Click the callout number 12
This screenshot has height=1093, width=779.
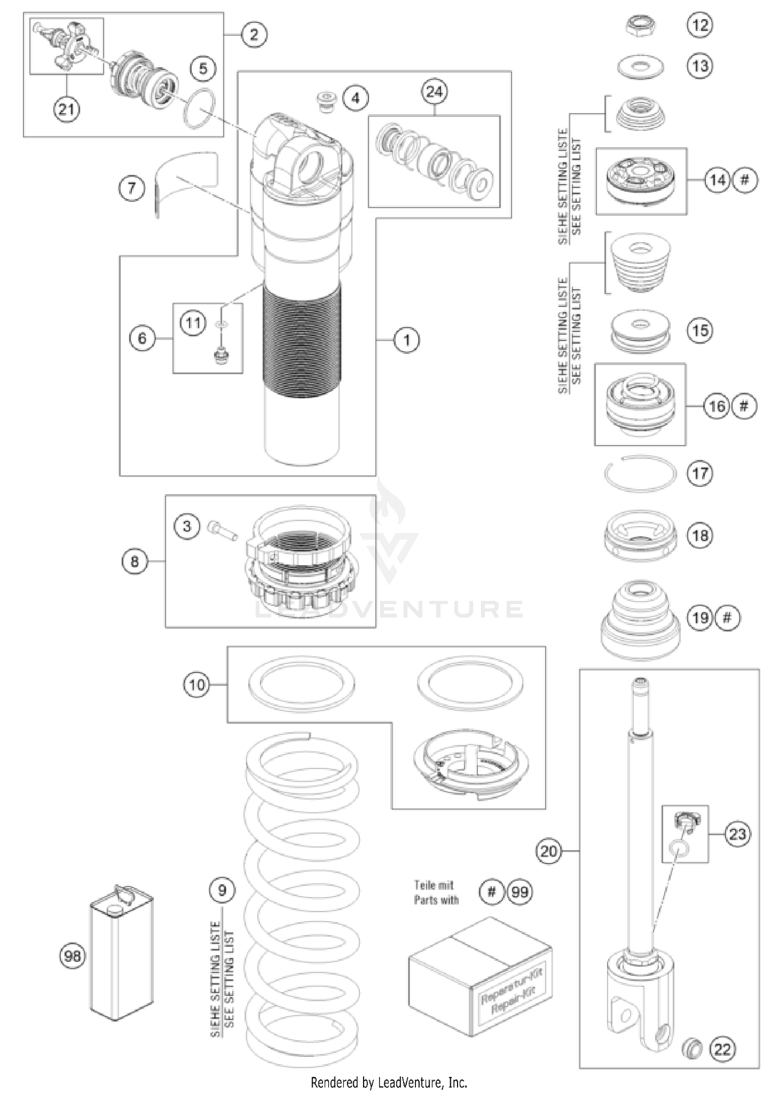click(x=700, y=24)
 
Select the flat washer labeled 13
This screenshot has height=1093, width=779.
click(x=641, y=67)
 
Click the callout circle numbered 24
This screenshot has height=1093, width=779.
click(x=434, y=91)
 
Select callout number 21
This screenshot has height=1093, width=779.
click(x=66, y=110)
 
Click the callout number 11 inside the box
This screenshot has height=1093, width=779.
click(x=193, y=323)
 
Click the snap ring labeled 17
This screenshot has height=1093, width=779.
click(x=640, y=473)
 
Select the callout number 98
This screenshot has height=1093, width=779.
click(x=72, y=955)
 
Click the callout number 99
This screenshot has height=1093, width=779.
click(x=519, y=892)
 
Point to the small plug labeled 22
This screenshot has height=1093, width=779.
click(x=691, y=1046)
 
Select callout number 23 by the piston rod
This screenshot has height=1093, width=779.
click(x=737, y=834)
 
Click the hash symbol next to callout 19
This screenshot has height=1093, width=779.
click(x=727, y=618)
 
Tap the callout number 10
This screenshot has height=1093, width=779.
click(x=197, y=685)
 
